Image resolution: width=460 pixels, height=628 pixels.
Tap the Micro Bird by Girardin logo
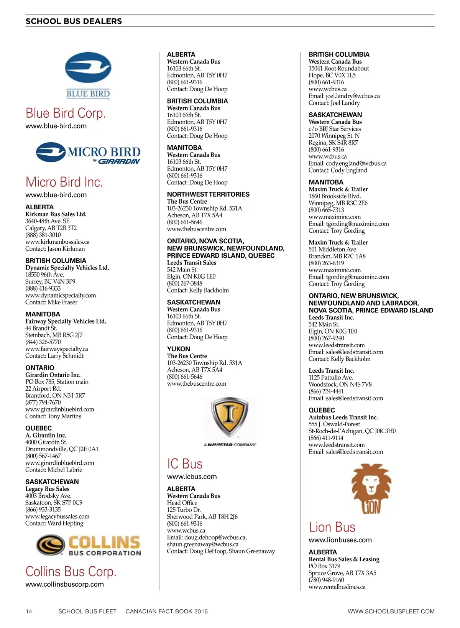[x=88, y=153]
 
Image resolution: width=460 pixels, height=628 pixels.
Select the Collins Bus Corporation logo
[x=89, y=545]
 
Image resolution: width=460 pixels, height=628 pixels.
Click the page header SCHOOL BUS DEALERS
[x=74, y=21]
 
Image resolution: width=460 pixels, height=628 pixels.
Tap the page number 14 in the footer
[x=29, y=611]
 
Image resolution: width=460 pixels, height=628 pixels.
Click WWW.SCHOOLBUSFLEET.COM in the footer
[x=391, y=611]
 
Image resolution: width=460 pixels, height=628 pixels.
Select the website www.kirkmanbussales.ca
[x=58, y=242]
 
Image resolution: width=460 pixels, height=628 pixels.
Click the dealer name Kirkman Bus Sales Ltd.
[x=56, y=214]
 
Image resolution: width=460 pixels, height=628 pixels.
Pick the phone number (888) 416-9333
[x=43, y=288]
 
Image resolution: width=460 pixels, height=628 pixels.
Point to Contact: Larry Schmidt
[x=54, y=356]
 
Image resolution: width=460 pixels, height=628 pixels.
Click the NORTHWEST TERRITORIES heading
[x=208, y=194]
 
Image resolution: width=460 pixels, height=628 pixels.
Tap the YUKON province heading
[x=179, y=349]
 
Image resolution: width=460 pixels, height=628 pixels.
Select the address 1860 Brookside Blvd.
[x=335, y=196]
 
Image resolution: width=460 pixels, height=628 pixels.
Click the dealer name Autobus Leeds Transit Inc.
[x=343, y=417]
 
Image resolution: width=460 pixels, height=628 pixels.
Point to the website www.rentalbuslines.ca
[x=337, y=587]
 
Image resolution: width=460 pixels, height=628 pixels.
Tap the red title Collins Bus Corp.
[x=71, y=571]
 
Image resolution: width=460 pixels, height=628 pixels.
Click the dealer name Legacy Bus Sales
[x=48, y=489]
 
